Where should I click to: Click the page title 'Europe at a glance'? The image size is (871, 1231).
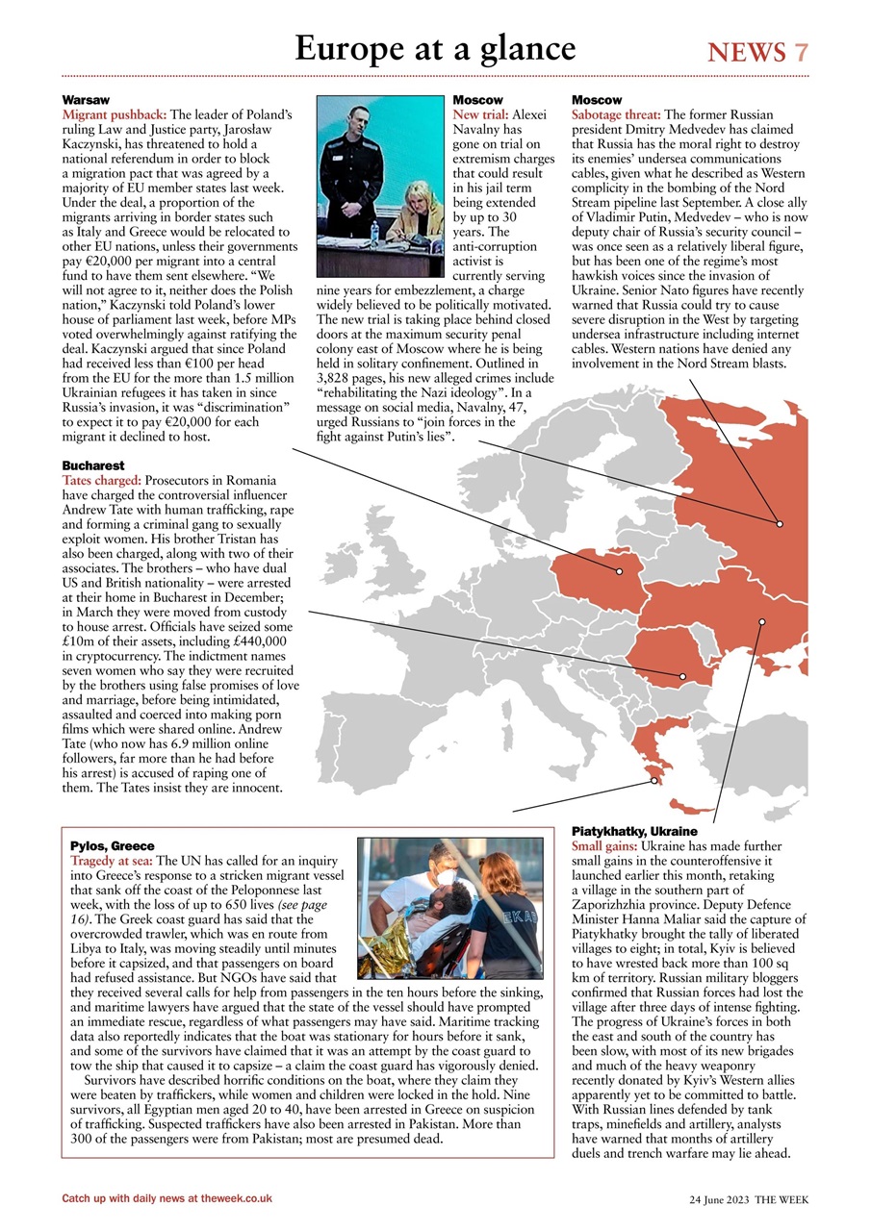click(x=435, y=48)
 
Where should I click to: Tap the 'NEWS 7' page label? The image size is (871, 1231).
click(x=757, y=52)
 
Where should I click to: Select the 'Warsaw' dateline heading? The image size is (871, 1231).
click(x=86, y=100)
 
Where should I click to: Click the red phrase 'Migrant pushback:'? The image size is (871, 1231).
click(x=115, y=114)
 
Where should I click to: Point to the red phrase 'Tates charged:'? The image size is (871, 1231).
click(x=102, y=480)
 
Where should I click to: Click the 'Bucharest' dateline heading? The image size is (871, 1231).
click(x=92, y=465)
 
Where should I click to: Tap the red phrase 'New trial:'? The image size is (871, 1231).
click(x=480, y=114)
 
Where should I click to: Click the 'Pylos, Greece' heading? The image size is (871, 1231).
click(x=112, y=846)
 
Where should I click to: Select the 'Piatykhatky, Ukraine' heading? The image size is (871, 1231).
click(x=634, y=831)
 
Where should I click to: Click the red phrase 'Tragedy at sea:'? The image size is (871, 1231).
click(x=112, y=861)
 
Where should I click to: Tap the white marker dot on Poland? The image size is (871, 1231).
click(x=620, y=571)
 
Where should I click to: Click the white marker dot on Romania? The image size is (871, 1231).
click(x=682, y=676)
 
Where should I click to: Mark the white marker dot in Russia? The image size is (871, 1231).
click(x=780, y=524)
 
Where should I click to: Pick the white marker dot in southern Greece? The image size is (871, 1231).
click(x=653, y=781)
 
